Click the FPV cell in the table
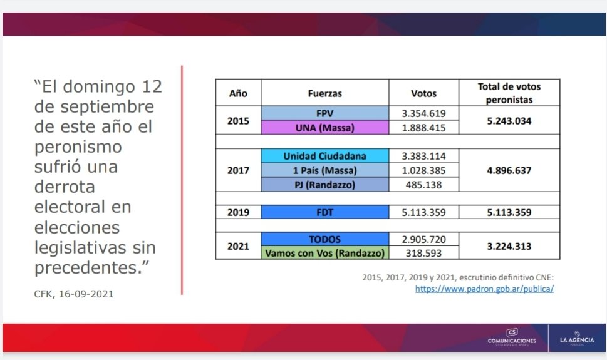point(324,113)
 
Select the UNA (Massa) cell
point(324,127)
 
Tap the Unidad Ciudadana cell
point(324,156)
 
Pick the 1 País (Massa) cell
point(324,170)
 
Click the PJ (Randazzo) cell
point(324,184)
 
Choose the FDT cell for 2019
point(324,212)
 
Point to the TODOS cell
point(324,239)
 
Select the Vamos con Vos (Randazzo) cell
point(324,252)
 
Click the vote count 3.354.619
point(423,113)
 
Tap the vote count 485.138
point(423,185)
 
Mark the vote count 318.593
point(423,253)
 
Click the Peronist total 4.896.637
point(509,170)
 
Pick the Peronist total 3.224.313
point(509,246)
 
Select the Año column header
point(238,93)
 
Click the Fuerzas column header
point(324,93)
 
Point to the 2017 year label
point(238,170)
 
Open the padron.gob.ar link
point(484,289)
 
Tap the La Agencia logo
point(577,338)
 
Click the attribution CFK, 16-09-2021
point(73,294)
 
